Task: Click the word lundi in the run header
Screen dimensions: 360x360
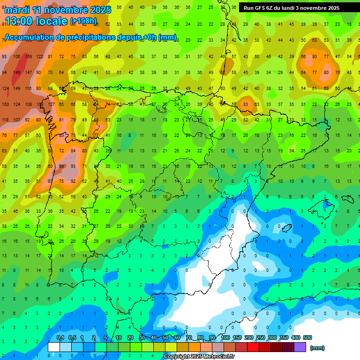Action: click(294, 8)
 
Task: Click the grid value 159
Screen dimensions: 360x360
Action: click(29, 57)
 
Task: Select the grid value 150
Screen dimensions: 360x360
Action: click(5, 104)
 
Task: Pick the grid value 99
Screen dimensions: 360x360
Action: click(61, 166)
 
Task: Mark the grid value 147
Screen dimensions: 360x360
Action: click(29, 73)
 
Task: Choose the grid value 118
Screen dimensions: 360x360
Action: click(5, 120)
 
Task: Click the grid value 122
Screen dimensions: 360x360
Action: click(40, 57)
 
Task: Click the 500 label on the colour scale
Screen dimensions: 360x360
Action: click(307, 337)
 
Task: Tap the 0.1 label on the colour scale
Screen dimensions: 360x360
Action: click(60, 337)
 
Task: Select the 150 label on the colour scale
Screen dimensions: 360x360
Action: click(237, 337)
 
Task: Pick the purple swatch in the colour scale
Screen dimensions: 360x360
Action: click(300, 347)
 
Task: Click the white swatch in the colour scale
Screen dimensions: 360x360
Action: click(54, 347)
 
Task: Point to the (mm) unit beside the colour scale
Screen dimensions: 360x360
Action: click(317, 348)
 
